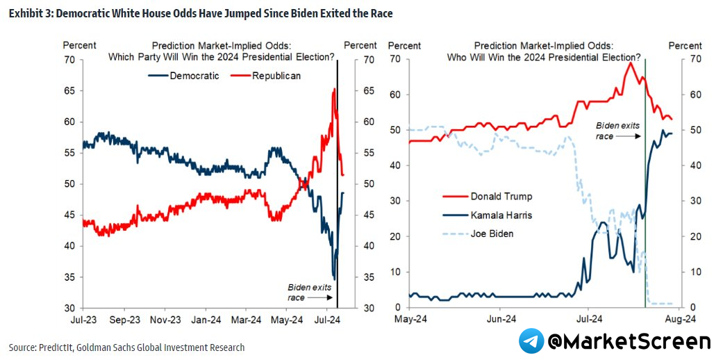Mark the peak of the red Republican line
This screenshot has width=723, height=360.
pyautogui.click(x=335, y=89)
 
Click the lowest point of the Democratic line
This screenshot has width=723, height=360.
pyautogui.click(x=334, y=279)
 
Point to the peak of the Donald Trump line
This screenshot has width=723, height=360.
pyautogui.click(x=630, y=63)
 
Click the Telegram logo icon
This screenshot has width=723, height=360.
pyautogui.click(x=531, y=341)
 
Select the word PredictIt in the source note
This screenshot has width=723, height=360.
pyautogui.click(x=63, y=347)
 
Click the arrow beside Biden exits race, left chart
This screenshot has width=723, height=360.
pyautogui.click(x=320, y=297)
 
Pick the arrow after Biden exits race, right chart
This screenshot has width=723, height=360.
pyautogui.click(x=629, y=137)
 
